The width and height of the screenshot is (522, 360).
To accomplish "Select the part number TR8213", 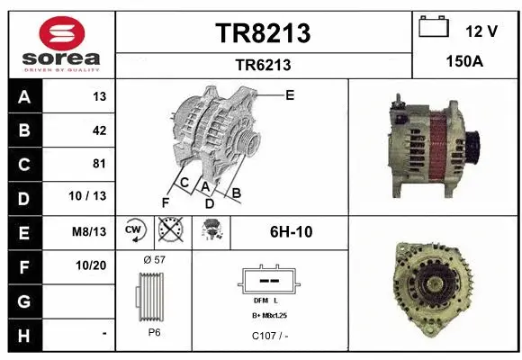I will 263,33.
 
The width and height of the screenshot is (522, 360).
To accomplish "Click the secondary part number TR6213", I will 263,65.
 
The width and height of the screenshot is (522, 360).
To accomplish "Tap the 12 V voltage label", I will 481,31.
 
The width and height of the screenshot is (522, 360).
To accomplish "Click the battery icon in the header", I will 435,29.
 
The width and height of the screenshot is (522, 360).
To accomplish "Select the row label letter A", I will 23,96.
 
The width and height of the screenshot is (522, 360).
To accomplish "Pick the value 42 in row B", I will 99,130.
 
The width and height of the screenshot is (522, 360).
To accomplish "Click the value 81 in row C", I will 99,164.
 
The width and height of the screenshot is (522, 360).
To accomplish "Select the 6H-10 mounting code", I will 291,231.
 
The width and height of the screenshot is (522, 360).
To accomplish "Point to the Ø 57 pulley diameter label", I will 154,259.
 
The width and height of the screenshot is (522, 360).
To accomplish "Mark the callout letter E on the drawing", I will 290,94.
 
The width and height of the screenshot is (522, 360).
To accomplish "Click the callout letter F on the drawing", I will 165,200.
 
